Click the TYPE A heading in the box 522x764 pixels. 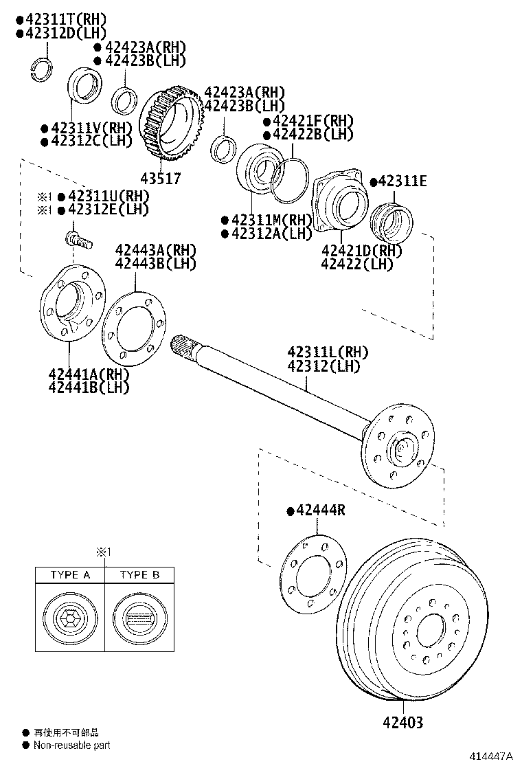pos(70,575)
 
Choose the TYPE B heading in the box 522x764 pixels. pos(139,575)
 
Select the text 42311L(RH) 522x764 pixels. pos(328,352)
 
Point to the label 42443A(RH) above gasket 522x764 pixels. pos(155,249)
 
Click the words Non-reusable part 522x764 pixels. pos(71,745)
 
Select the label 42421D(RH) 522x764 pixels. pos(361,250)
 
